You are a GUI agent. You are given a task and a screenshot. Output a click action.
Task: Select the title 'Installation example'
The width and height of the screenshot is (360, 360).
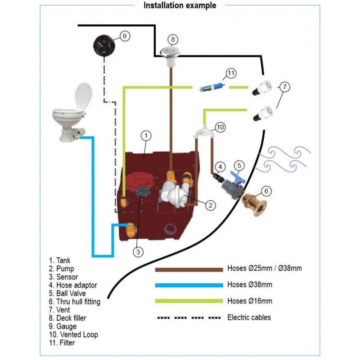click(180, 5)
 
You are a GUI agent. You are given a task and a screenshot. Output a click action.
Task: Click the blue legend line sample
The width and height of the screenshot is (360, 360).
click(189, 285)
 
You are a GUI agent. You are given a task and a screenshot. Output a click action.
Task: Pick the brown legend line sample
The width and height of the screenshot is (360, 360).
click(189, 269)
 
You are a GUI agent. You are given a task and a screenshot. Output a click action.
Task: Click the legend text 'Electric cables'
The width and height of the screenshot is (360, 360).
click(249, 317)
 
